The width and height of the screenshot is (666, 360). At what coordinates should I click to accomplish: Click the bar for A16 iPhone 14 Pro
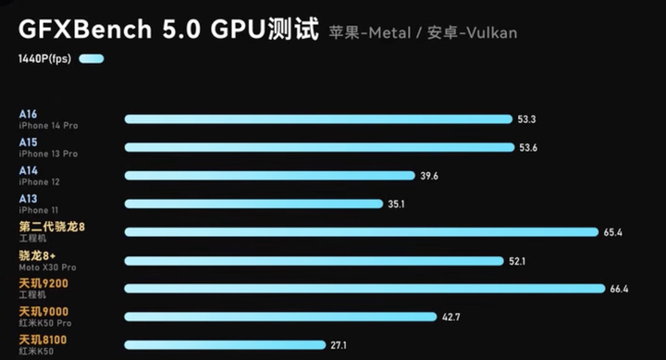(318, 118)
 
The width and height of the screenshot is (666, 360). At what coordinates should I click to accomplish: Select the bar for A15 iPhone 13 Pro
(319, 147)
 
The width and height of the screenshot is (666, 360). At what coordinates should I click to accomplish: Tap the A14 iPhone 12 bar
(269, 175)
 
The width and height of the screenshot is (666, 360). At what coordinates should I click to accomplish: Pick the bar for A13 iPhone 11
(253, 204)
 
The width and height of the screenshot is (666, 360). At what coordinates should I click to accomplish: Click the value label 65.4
(613, 232)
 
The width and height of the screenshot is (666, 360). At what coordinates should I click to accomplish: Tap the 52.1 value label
(517, 261)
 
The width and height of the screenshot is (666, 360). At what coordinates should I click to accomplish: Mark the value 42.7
(451, 317)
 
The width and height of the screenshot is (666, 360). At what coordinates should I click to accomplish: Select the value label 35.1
(397, 204)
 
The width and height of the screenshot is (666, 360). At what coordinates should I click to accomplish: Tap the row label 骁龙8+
(38, 255)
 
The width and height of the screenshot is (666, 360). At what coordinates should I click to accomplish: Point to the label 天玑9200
(43, 283)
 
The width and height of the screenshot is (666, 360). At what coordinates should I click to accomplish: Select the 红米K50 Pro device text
(44, 323)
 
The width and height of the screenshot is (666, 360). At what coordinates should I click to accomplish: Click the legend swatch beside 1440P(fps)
(92, 59)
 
